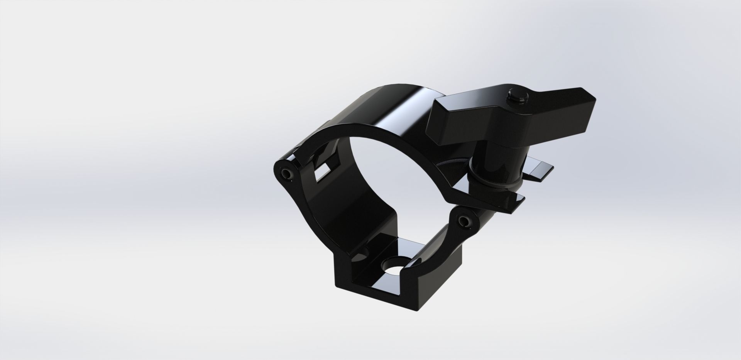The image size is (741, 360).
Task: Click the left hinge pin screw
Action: pyautogui.click(x=286, y=174)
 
